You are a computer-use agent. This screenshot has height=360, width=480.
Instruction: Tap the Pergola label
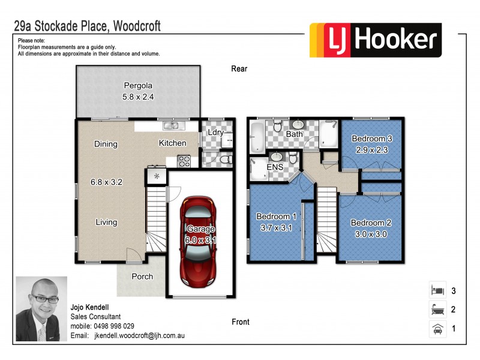[x=135, y=85]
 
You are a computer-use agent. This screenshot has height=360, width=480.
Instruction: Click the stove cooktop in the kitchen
[x=184, y=161]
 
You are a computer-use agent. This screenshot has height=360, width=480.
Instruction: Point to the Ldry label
[x=215, y=133]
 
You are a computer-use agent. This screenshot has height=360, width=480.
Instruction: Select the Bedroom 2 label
[x=371, y=223]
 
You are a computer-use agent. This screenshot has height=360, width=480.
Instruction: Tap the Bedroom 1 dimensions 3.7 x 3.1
[x=276, y=227]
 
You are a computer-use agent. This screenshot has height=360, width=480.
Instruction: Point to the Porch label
[x=142, y=277]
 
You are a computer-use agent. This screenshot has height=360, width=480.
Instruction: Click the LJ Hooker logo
[x=375, y=40]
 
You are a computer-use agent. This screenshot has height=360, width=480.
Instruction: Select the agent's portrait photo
[x=41, y=308]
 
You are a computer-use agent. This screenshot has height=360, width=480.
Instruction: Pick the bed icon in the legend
[x=436, y=290]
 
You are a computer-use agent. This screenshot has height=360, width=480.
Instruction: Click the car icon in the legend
[x=436, y=329]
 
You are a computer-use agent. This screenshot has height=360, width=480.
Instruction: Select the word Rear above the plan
[x=239, y=69]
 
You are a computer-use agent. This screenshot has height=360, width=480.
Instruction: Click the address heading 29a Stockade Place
[x=88, y=26]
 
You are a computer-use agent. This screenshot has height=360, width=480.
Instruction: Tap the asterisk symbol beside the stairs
[x=157, y=176]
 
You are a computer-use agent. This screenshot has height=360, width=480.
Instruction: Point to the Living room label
[x=106, y=222]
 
